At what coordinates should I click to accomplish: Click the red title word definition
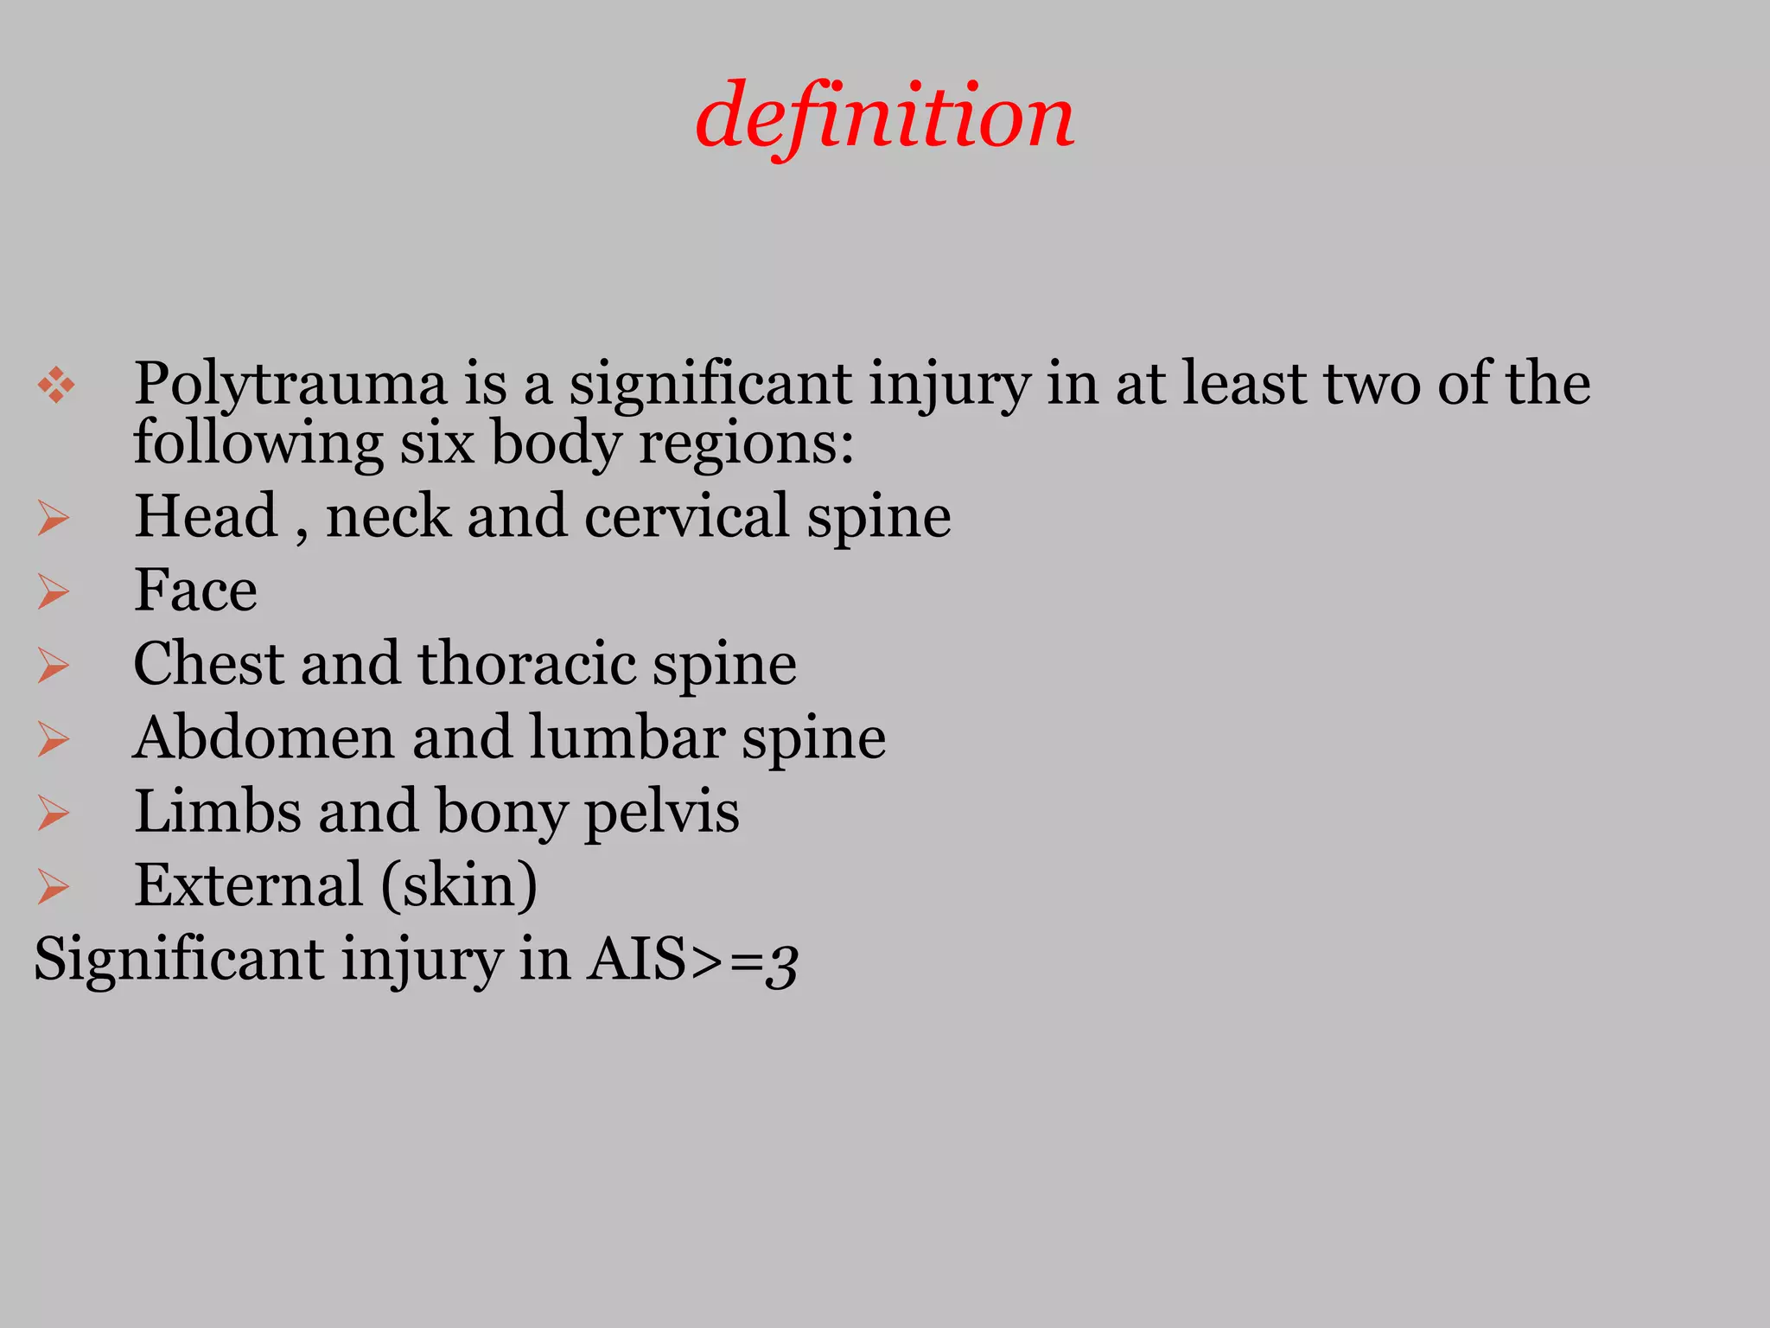pos(884,117)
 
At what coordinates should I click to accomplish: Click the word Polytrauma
pos(290,384)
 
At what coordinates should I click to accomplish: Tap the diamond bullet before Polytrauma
pos(56,385)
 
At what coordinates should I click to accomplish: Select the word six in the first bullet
pos(436,444)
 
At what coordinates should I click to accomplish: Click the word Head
pos(206,516)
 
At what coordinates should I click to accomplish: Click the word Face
pos(195,591)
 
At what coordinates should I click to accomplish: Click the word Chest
pos(208,664)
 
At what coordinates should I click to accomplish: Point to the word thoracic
pos(526,664)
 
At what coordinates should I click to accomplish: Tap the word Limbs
pos(217,812)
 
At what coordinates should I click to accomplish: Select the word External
pos(249,885)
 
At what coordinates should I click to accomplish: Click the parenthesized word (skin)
pos(459,886)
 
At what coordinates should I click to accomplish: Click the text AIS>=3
pos(691,960)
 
